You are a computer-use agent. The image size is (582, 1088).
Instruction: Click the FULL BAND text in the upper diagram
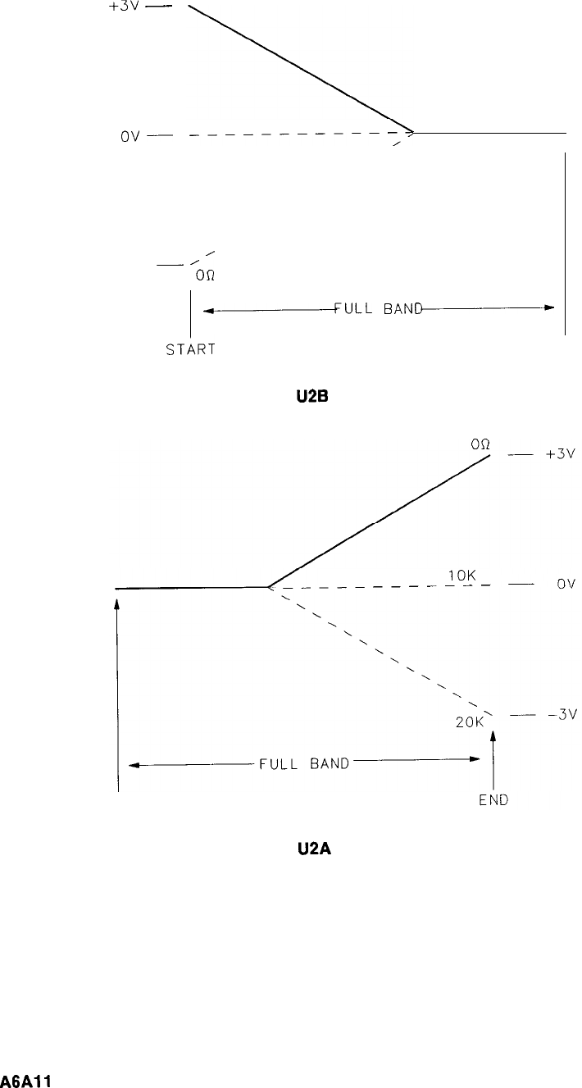pyautogui.click(x=378, y=309)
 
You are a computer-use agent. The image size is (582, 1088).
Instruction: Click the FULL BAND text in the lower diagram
pyautogui.click(x=304, y=764)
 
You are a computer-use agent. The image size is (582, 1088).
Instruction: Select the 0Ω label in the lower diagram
pyautogui.click(x=480, y=444)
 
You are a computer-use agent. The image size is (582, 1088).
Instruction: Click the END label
pyautogui.click(x=493, y=801)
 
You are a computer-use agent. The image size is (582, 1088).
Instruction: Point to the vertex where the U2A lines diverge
pyautogui.click(x=269, y=587)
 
